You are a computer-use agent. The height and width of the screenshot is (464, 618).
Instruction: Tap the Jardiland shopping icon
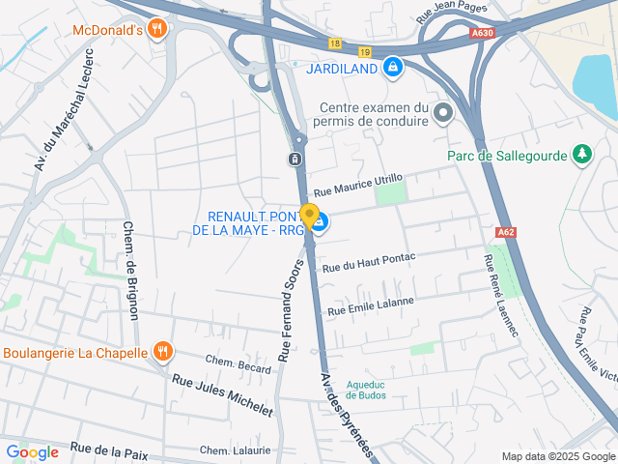(392, 68)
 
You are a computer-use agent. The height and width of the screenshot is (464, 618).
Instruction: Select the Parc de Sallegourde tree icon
(581, 155)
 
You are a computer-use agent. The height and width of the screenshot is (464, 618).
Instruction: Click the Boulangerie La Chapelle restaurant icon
(162, 353)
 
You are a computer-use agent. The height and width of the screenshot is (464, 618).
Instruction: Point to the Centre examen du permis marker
(443, 114)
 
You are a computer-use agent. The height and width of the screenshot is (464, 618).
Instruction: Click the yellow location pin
(309, 217)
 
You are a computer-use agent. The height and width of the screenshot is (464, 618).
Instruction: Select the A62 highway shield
(505, 233)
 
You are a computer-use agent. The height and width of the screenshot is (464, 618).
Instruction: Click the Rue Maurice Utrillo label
(357, 184)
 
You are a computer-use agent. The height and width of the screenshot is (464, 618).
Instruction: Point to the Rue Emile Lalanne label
(371, 306)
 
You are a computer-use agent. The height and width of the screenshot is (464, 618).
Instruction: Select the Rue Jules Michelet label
(222, 394)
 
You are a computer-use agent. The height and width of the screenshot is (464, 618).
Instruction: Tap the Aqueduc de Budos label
(366, 389)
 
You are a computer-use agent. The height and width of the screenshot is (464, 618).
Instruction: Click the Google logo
(32, 451)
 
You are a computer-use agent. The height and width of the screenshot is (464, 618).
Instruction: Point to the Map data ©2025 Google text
(558, 456)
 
